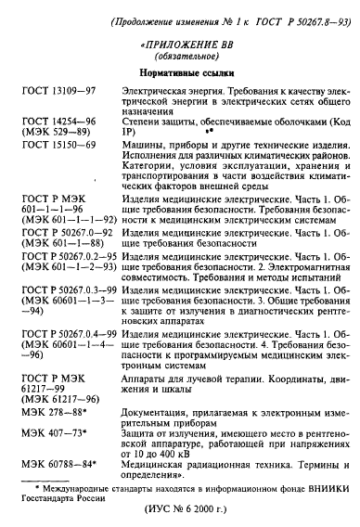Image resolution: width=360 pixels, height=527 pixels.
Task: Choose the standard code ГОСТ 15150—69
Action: pyautogui.click(x=55, y=165)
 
